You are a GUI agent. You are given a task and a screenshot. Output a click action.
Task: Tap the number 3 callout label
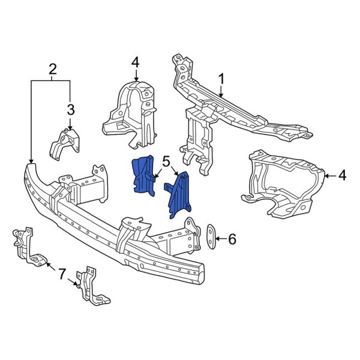71,110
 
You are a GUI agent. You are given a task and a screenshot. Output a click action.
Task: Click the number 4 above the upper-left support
136,62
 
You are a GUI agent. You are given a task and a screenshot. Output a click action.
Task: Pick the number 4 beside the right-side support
342,175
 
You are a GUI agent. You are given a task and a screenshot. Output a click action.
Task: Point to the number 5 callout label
166,160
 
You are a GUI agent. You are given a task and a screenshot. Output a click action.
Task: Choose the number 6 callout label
232,239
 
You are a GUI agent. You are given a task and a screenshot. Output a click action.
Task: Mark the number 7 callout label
61,274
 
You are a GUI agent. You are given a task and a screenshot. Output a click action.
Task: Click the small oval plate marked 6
211,235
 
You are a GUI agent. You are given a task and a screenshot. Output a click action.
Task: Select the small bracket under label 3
63,142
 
